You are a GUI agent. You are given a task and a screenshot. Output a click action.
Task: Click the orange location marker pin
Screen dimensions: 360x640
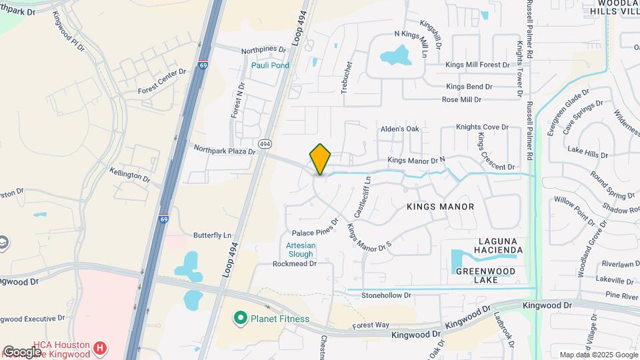(x=320, y=159)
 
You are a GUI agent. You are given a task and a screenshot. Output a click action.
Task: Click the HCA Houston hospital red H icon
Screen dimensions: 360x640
(x=100, y=347)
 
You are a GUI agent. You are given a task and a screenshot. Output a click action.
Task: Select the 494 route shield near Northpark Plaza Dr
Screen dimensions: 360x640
(x=265, y=143)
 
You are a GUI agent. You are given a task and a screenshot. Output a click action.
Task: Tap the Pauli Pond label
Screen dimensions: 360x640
(x=270, y=65)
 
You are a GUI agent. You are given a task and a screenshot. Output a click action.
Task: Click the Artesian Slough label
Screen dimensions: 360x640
(x=300, y=249)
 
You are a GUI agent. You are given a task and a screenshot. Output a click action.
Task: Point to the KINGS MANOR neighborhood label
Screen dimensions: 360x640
(x=440, y=207)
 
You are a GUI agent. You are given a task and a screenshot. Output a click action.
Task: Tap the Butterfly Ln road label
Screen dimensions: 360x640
(x=212, y=235)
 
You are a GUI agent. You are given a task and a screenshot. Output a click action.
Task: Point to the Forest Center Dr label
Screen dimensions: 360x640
(x=162, y=81)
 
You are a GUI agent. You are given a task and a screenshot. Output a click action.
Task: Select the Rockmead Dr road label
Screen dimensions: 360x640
(x=293, y=264)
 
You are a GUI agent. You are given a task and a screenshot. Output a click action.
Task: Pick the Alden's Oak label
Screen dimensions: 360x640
(x=399, y=129)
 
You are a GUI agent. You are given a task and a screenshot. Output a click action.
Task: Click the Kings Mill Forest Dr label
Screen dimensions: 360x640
(x=477, y=65)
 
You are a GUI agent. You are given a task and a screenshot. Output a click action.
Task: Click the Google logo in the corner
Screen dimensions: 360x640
(x=22, y=352)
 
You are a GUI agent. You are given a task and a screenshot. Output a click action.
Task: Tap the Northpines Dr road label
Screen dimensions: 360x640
(x=263, y=49)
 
